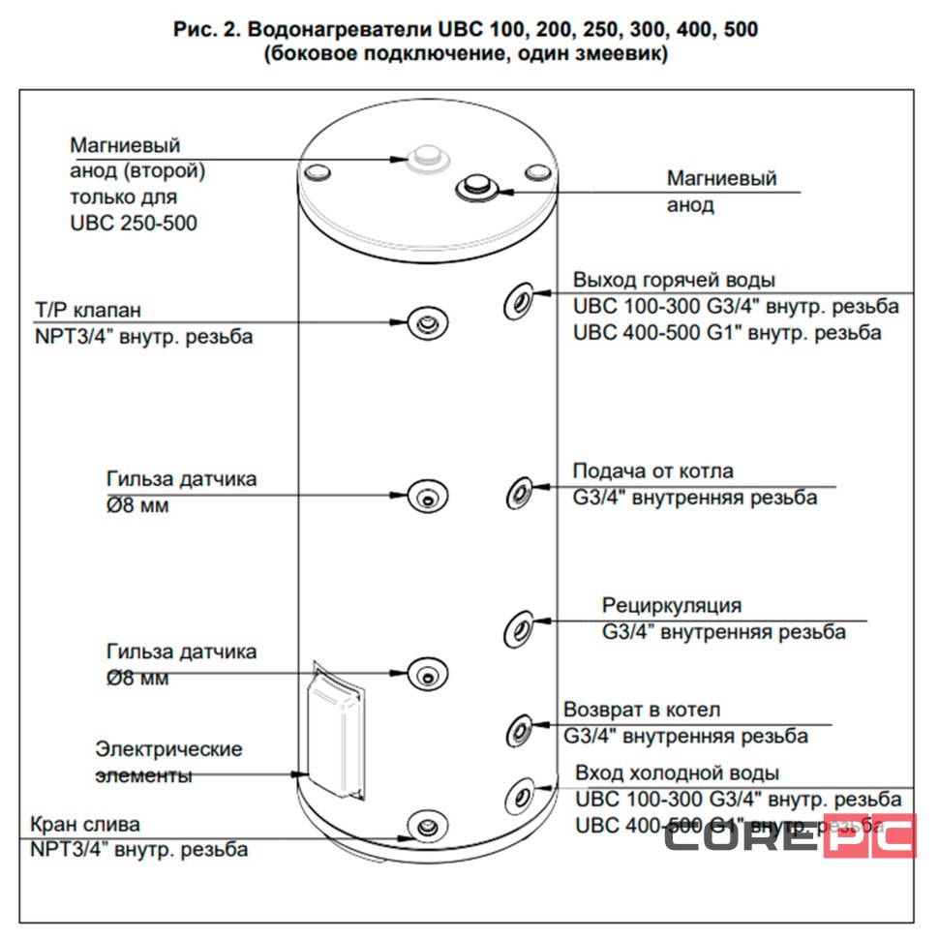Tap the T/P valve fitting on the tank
(426, 323)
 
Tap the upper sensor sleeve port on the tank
(426, 496)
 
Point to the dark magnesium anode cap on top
(477, 185)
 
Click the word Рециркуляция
(671, 606)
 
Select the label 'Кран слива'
(85, 825)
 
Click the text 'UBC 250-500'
(134, 223)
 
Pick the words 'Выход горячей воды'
(674, 281)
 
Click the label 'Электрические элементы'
(168, 762)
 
